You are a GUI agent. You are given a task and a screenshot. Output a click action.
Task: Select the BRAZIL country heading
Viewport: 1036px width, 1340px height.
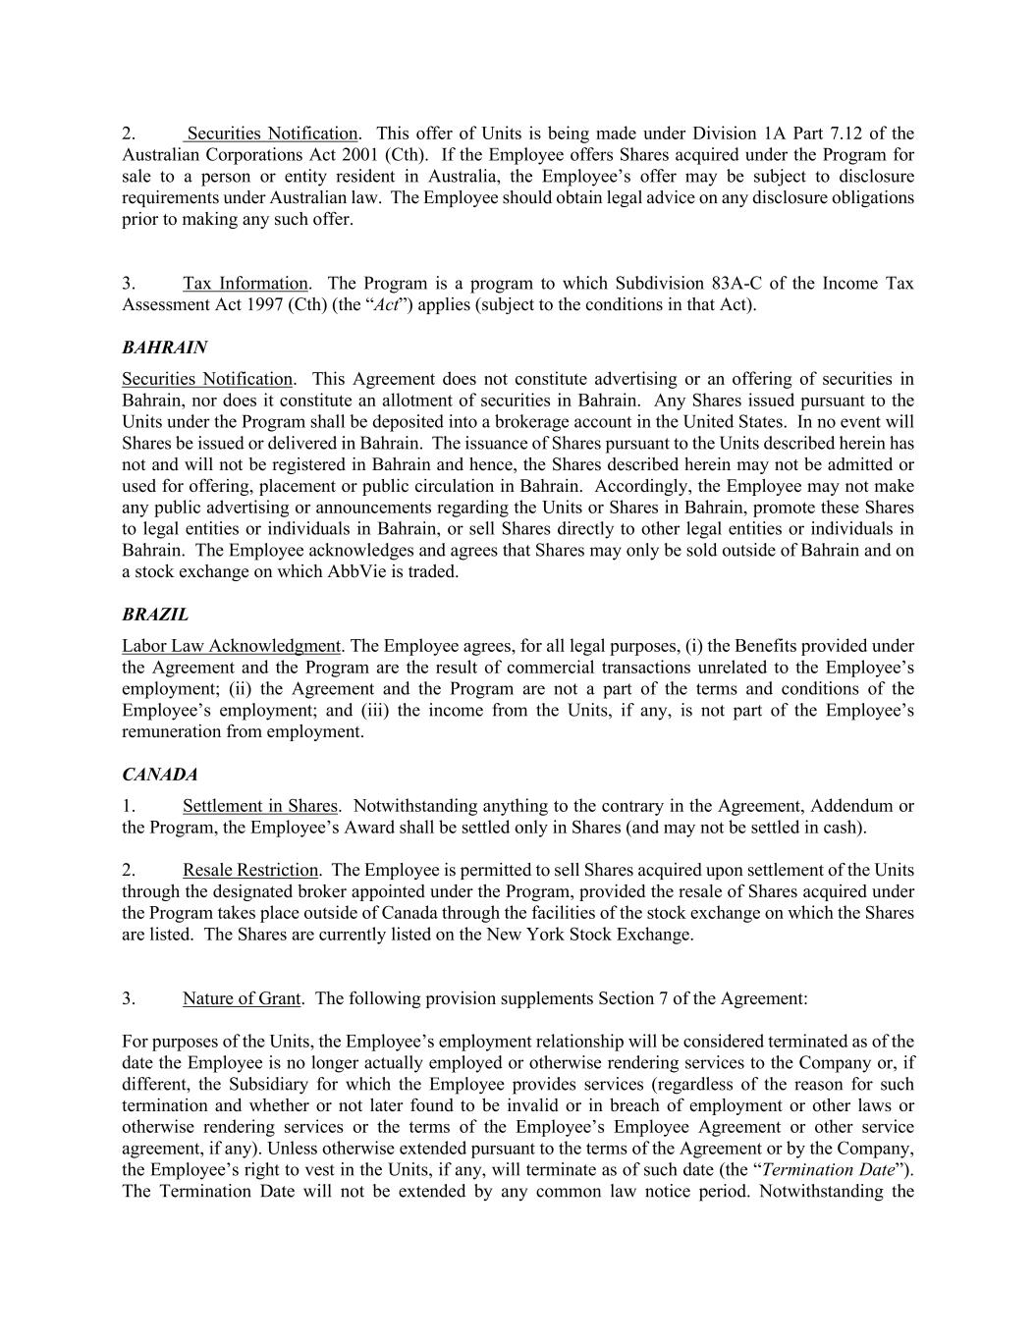[155, 615]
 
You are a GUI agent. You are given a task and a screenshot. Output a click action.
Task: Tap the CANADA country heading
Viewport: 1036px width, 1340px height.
[160, 775]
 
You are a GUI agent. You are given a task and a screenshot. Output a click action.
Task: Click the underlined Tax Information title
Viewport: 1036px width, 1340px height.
[245, 284]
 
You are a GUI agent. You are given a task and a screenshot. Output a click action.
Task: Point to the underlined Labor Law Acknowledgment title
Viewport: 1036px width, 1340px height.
[231, 646]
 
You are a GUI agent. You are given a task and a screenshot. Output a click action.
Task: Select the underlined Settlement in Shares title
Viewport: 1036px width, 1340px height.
[259, 806]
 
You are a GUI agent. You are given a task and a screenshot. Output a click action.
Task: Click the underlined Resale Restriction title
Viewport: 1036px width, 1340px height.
[250, 870]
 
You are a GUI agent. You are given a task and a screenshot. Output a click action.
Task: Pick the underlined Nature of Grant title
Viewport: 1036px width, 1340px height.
[241, 998]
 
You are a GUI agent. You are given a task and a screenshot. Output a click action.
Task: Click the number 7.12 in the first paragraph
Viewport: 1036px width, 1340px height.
[841, 134]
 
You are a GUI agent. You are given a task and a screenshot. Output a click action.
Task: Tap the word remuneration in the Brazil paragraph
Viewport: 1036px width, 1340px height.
[172, 731]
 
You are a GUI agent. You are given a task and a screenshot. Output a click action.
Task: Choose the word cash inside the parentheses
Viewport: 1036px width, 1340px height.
[842, 828]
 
